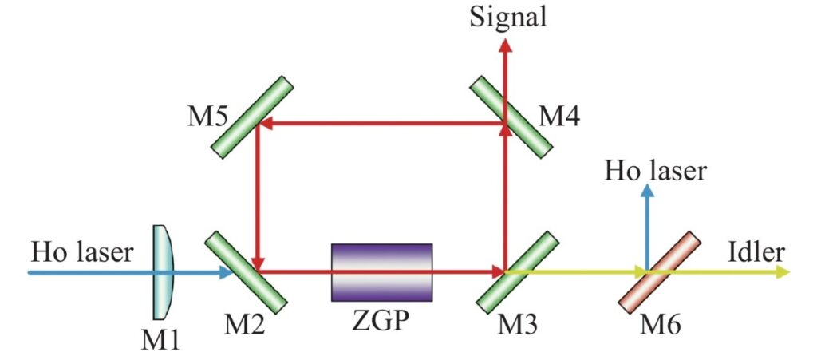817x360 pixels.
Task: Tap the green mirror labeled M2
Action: click(x=246, y=272)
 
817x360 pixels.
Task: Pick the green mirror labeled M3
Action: click(x=517, y=272)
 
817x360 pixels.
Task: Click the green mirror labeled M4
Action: click(x=511, y=117)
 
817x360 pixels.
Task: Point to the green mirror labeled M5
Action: click(x=252, y=117)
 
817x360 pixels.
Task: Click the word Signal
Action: click(x=508, y=17)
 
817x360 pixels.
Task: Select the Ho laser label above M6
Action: click(x=656, y=171)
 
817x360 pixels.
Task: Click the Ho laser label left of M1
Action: click(x=82, y=253)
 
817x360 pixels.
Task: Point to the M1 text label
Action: click(x=160, y=342)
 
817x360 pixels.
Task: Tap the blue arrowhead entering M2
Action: click(x=226, y=272)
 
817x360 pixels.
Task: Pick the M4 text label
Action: click(x=559, y=118)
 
